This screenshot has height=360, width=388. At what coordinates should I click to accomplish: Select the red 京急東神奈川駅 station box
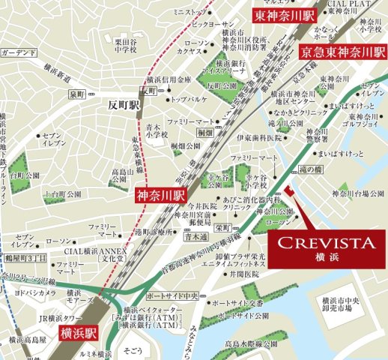tap(342, 52)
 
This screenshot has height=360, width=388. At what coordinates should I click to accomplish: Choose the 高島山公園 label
tap(121, 177)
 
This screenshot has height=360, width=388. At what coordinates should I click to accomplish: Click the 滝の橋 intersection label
tap(309, 172)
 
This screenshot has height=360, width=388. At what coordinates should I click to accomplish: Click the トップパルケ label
tap(189, 98)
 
